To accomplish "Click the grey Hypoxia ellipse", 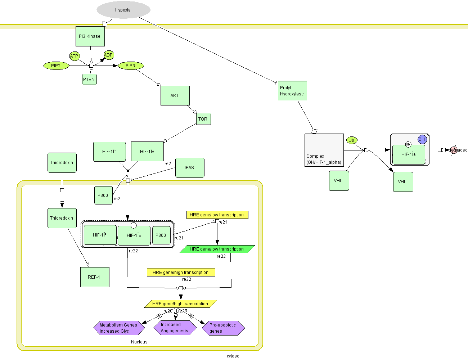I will pyautogui.click(x=123, y=10).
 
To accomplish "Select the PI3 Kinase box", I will pyautogui.click(x=90, y=36).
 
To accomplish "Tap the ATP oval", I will pyautogui.click(x=74, y=56).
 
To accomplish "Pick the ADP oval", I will pyautogui.click(x=108, y=55).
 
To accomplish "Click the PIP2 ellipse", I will pyautogui.click(x=56, y=66).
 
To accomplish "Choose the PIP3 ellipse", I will pyautogui.click(x=130, y=66).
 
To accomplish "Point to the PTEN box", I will pyautogui.click(x=89, y=80).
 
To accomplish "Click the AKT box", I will pyautogui.click(x=175, y=96).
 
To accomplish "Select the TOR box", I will pyautogui.click(x=203, y=119).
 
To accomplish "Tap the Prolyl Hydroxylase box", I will pyautogui.click(x=292, y=91).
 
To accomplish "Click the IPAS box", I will pyautogui.click(x=190, y=168).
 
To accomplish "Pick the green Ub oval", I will pyautogui.click(x=351, y=140).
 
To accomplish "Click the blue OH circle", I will pyautogui.click(x=422, y=139).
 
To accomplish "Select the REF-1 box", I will pyautogui.click(x=95, y=277).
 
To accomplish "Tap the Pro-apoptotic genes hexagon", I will pyautogui.click(x=223, y=328).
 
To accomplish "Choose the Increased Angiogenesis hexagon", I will pyautogui.click(x=175, y=328).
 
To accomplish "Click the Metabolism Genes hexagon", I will pyautogui.click(x=119, y=328).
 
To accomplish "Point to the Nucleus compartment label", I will pyautogui.click(x=139, y=342).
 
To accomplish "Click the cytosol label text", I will pyautogui.click(x=234, y=356).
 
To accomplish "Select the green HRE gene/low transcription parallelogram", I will pyautogui.click(x=217, y=249).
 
